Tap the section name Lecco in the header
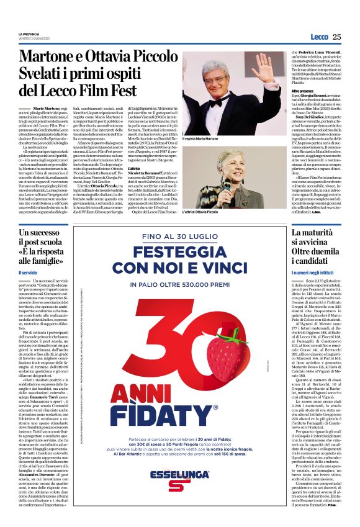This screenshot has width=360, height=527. pos(319,37)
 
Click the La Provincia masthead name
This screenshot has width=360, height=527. pos(28,34)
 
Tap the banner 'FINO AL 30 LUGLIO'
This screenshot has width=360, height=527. pos(180,237)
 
